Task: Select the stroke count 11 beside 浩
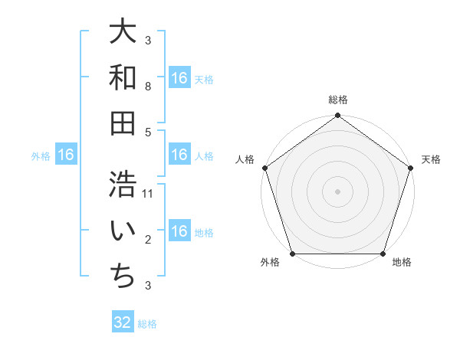(148, 194)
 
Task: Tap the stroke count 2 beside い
(148, 240)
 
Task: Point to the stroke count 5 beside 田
(148, 132)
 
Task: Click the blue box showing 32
(123, 322)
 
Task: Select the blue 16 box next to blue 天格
(179, 78)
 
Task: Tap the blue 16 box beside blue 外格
(66, 155)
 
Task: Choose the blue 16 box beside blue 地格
(179, 231)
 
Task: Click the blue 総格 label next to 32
(147, 324)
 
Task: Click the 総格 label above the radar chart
(338, 100)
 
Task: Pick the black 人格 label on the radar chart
(245, 159)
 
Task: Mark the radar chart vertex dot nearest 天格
(411, 168)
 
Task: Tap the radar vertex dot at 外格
(292, 254)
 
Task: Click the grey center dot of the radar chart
(337, 191)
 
